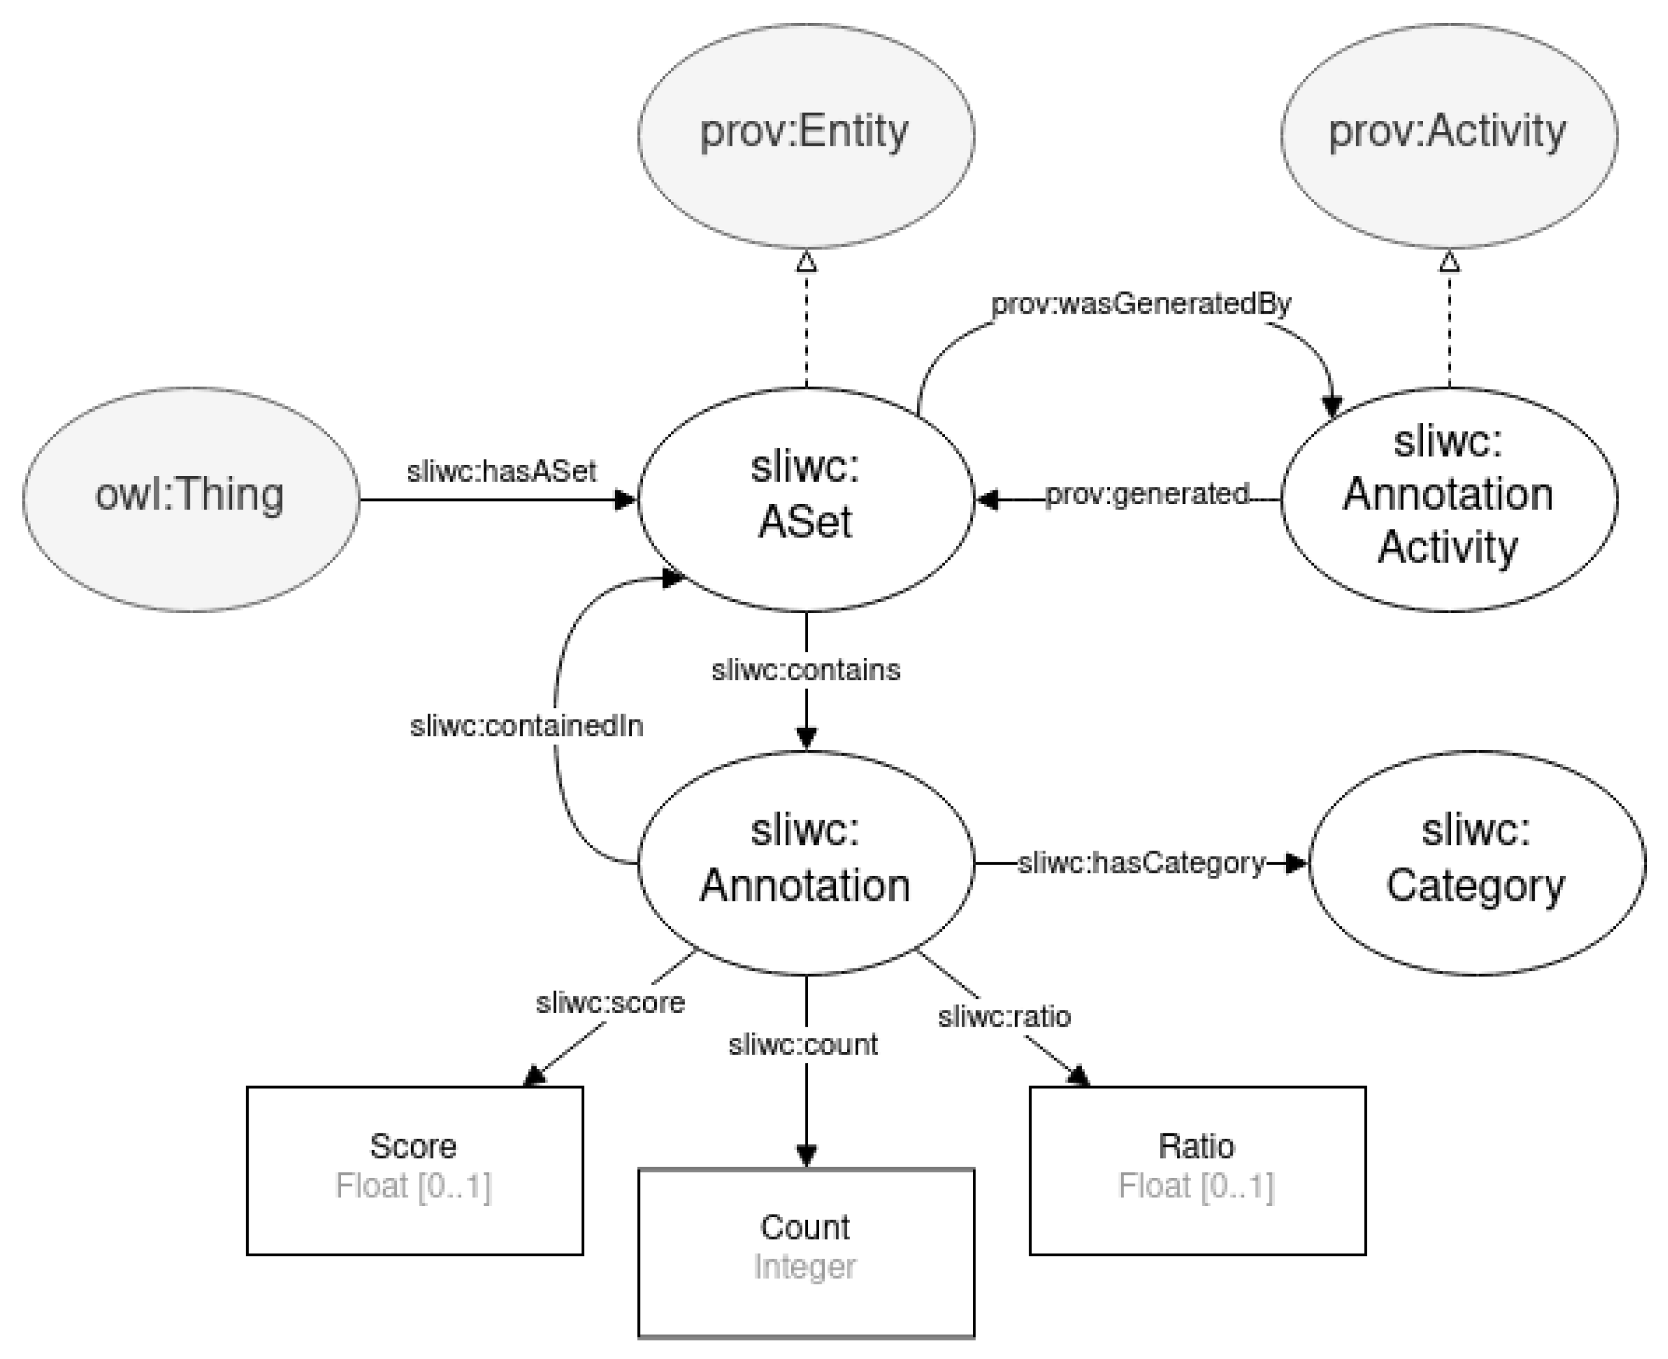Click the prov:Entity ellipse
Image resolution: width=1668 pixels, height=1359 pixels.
(x=805, y=135)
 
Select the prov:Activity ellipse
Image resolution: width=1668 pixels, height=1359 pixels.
(x=1448, y=135)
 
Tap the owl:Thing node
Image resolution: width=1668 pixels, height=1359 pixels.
(x=190, y=498)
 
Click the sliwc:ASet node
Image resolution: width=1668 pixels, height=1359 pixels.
(x=805, y=498)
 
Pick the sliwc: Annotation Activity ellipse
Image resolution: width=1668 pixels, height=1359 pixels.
(x=1448, y=498)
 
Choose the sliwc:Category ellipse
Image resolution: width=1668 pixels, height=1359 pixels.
(x=1476, y=862)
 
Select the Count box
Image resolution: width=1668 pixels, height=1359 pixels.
(x=805, y=1252)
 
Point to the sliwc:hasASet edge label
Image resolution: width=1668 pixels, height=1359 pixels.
(x=501, y=471)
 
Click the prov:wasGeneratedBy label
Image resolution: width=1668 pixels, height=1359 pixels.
(x=1140, y=304)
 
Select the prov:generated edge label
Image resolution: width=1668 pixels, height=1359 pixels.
(x=1147, y=494)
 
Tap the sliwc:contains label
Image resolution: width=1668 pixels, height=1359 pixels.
(x=805, y=670)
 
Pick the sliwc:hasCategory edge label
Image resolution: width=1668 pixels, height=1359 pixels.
(x=1140, y=862)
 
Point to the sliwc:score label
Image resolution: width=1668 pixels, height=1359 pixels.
(x=610, y=1003)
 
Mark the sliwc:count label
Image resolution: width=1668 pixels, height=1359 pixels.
(x=802, y=1044)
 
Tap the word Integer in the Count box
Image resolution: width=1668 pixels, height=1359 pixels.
(x=805, y=1267)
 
